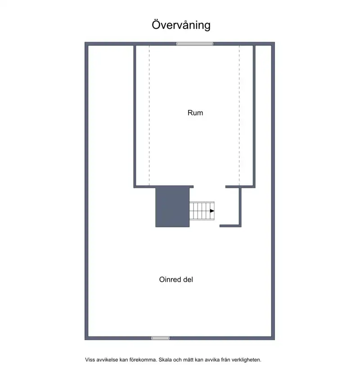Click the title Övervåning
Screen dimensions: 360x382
point(181,25)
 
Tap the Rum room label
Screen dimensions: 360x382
point(195,113)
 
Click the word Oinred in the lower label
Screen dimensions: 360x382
point(170,279)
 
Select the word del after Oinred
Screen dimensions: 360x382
point(188,279)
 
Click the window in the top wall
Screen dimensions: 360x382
point(195,44)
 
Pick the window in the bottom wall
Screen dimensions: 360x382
point(160,338)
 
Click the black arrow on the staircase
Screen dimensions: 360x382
point(212,211)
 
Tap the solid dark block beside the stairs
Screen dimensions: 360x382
point(172,207)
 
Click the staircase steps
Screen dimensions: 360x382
point(202,211)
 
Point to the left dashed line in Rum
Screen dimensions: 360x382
point(149,116)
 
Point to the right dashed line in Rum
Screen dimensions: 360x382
point(239,116)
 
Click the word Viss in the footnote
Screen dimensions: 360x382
point(90,360)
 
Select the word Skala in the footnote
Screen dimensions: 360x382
point(165,360)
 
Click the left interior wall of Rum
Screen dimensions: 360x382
point(135,116)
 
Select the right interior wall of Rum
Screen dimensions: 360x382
point(254,116)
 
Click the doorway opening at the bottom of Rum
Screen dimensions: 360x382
point(209,187)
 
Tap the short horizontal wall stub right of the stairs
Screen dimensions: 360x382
point(230,226)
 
